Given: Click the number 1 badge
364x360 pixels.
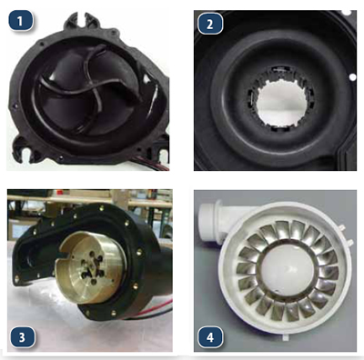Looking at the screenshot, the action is [21, 21].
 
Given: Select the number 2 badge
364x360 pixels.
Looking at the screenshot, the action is [210, 24].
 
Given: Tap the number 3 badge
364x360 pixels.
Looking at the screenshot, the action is [22, 336].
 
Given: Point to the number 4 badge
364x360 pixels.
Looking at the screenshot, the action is [210, 336].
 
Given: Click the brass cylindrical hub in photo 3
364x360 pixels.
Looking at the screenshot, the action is [92, 266].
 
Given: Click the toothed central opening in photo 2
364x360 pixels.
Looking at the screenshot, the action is [282, 103].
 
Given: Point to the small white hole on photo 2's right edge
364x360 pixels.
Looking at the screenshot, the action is [352, 77].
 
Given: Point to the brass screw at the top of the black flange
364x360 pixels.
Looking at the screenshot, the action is [101, 208].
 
